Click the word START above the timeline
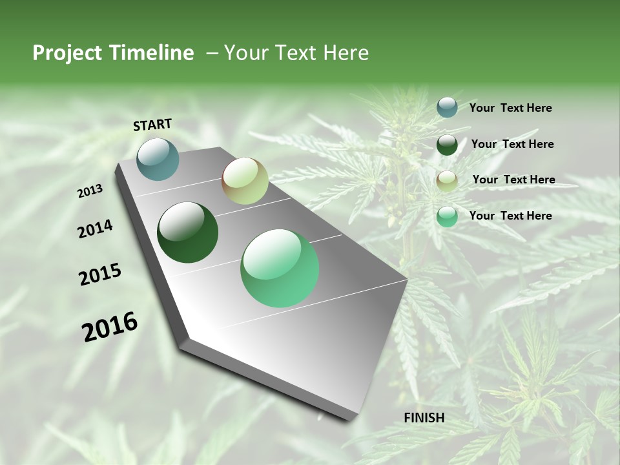(152, 125)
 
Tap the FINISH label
(424, 418)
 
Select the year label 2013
(90, 191)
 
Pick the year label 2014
(96, 229)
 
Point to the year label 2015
(100, 274)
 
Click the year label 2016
(110, 327)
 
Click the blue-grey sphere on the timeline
(158, 159)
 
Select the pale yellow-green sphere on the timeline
(245, 181)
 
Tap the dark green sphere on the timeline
(188, 232)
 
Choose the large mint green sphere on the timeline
(280, 268)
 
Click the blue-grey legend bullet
(447, 107)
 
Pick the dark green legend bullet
(447, 145)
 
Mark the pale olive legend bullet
(447, 180)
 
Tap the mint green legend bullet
(447, 216)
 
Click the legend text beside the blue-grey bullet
(510, 108)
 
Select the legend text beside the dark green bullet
(512, 144)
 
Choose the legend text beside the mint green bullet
(510, 216)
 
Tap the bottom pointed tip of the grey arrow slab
(352, 420)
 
